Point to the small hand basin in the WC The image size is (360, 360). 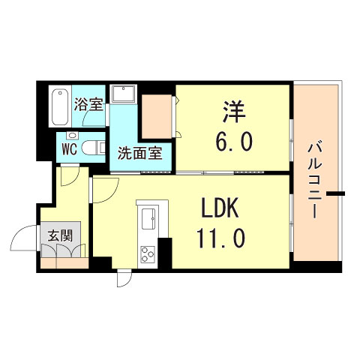[x=72, y=135]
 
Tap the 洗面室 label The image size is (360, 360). [x=139, y=154]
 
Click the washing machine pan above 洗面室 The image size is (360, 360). [x=123, y=94]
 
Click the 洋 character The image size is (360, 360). [x=233, y=112]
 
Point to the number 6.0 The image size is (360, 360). [x=233, y=141]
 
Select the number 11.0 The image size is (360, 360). [x=221, y=238]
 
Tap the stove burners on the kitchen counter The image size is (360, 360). [x=145, y=253]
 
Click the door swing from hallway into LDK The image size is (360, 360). [x=105, y=187]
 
